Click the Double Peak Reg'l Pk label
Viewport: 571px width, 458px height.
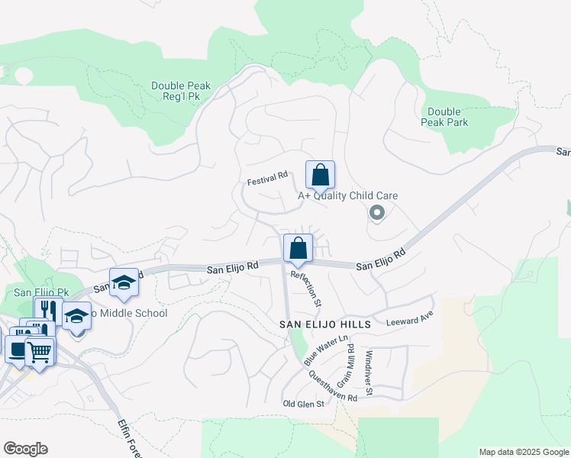(x=181, y=92)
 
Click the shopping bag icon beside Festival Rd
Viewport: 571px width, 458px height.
(x=321, y=175)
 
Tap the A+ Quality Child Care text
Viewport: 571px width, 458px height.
(x=347, y=195)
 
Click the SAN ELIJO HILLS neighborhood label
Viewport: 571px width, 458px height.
(x=324, y=324)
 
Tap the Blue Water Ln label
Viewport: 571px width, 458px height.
(x=325, y=349)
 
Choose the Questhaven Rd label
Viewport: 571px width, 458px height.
(x=333, y=386)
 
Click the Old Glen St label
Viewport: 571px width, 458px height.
(x=304, y=403)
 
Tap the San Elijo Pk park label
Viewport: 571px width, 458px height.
(x=41, y=292)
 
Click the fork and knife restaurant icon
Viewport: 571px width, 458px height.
(x=47, y=309)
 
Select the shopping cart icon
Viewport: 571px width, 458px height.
(x=39, y=352)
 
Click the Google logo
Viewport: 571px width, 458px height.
(x=25, y=448)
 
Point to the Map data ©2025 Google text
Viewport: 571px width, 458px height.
(x=523, y=452)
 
